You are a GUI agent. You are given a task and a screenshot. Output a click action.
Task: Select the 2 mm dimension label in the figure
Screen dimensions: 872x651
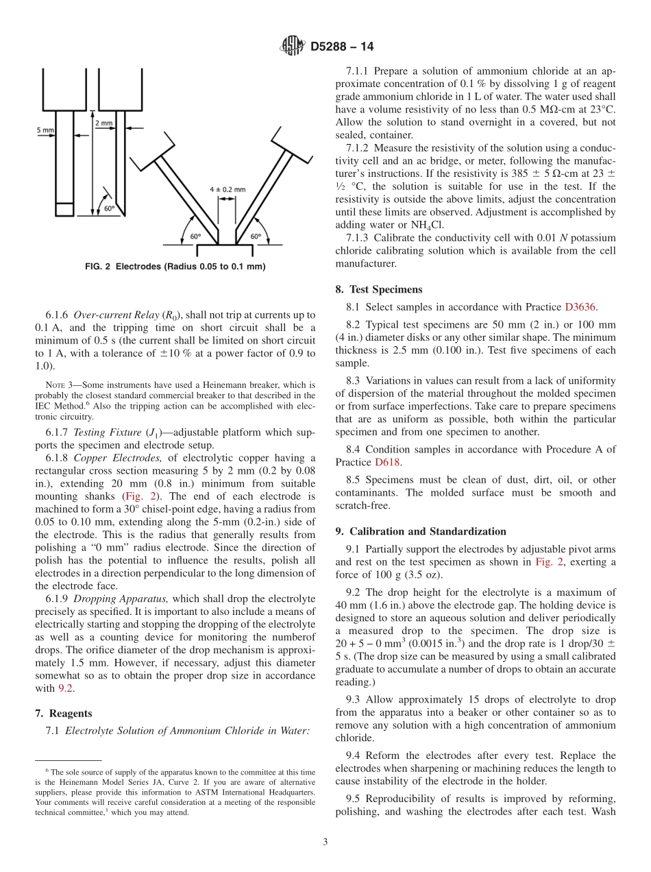(103, 123)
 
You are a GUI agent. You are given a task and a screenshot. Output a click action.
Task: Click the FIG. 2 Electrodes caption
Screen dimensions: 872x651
(175, 266)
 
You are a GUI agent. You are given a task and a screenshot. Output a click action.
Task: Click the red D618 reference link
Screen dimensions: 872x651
(383, 462)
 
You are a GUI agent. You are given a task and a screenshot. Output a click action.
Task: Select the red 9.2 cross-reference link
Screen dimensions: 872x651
(64, 688)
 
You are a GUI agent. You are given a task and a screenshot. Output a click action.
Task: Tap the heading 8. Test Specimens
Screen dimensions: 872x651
(379, 289)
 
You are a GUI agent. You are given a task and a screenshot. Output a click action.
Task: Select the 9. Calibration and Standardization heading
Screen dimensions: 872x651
(421, 531)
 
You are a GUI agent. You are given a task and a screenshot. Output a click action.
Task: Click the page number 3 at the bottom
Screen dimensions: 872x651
(325, 842)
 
